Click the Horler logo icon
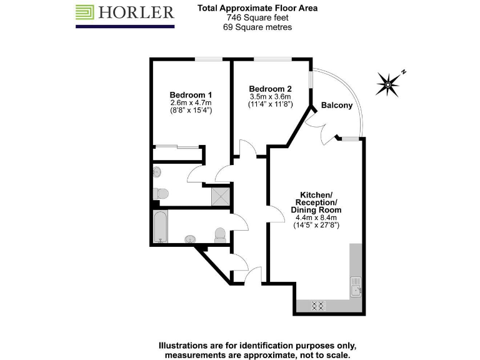click(86, 12)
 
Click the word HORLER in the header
click(136, 12)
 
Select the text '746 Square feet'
click(257, 17)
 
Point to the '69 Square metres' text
click(257, 27)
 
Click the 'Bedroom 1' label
click(191, 94)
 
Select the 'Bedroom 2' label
click(270, 88)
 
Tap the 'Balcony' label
click(337, 106)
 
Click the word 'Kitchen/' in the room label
click(316, 194)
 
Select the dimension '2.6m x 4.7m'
click(191, 102)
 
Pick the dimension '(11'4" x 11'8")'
click(270, 104)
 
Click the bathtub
click(161, 226)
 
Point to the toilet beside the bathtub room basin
click(219, 235)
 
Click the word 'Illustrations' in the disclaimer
click(185, 346)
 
